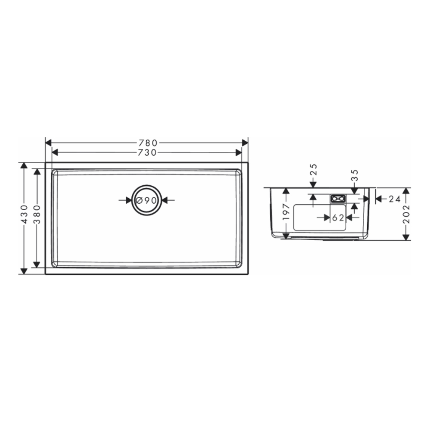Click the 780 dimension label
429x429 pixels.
click(x=147, y=142)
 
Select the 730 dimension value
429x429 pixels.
click(x=147, y=153)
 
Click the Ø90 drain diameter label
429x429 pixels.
click(x=147, y=200)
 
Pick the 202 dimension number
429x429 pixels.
click(x=406, y=214)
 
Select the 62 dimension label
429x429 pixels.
click(x=338, y=218)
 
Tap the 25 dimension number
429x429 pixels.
click(x=313, y=169)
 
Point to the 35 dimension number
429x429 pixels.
click(x=354, y=175)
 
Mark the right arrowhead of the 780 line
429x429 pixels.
click(x=245, y=142)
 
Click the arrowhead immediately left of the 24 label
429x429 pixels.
click(x=378, y=199)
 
